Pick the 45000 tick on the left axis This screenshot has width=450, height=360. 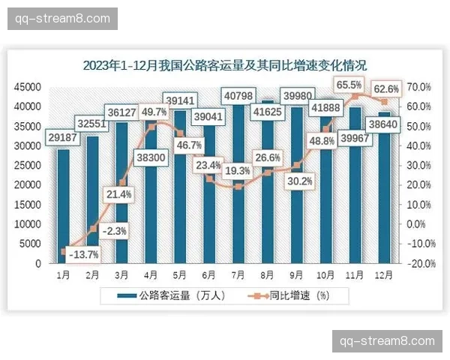pos(28,87)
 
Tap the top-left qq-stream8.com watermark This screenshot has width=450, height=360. pos(63,17)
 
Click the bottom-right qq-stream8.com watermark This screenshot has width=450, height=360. pos(387,340)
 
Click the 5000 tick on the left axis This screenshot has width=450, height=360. pos(30,244)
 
